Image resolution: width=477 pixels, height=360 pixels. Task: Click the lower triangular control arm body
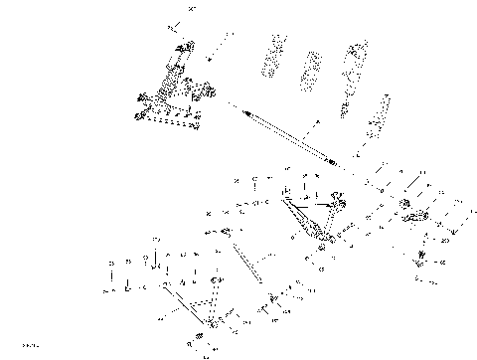pyautogui.click(x=194, y=303)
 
